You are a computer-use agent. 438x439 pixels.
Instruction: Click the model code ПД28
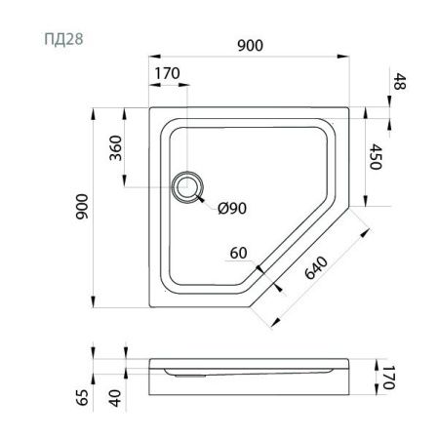point(63,39)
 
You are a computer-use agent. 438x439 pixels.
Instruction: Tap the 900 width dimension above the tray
point(250,45)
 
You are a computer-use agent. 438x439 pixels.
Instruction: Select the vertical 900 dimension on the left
point(82,207)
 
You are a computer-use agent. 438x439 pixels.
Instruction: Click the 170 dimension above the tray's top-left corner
point(167,73)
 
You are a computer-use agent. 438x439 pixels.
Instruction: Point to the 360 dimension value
point(115,148)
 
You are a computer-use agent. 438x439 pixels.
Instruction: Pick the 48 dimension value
point(400,81)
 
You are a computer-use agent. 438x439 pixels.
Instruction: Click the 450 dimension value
point(376,156)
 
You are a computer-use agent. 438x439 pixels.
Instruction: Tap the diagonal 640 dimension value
point(316,268)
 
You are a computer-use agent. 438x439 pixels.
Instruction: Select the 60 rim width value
point(238,253)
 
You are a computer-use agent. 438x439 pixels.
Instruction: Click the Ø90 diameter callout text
point(232,208)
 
